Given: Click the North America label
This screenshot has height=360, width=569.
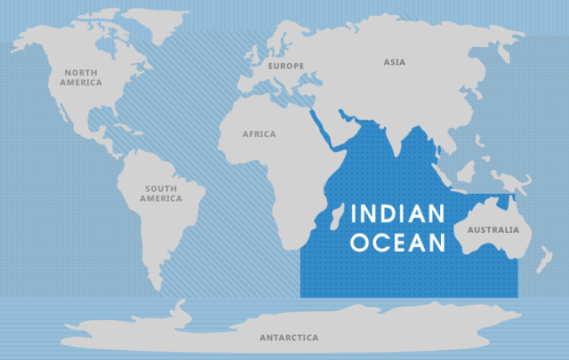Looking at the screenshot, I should point(81,76).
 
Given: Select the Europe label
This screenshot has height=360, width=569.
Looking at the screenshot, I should point(287,66).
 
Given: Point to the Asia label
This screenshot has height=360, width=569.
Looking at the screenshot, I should point(394,62).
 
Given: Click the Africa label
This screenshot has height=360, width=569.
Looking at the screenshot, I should point(259,134).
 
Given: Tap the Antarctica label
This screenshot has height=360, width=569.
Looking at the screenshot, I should point(288,338).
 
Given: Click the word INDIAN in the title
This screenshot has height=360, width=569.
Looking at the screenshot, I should point(396,214).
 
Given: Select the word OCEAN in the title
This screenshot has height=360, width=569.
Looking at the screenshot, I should point(396,242).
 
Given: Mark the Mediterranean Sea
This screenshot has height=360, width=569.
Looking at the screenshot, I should point(284,96).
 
